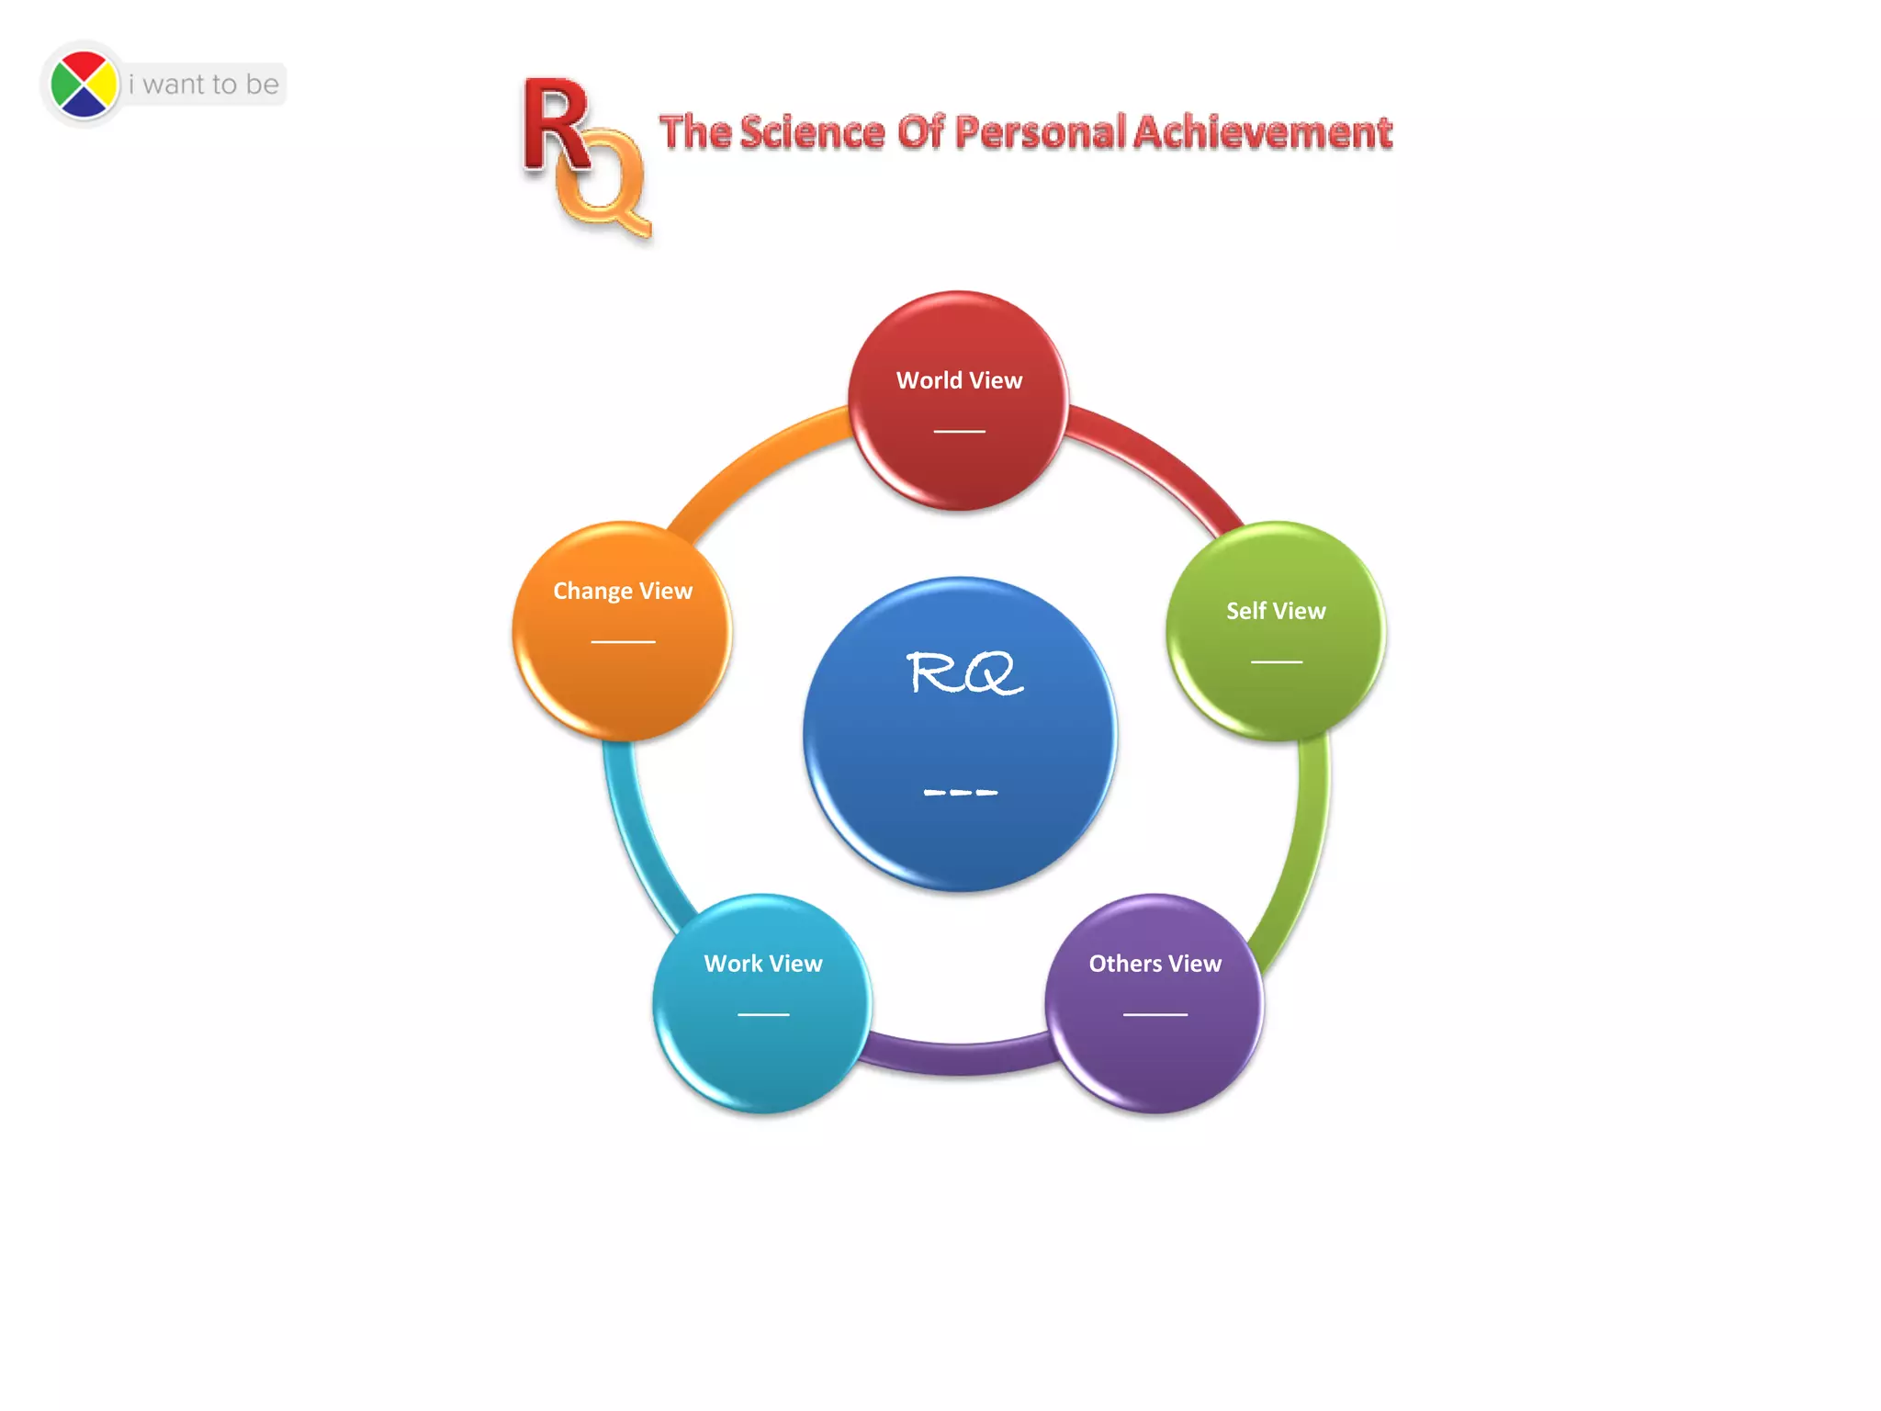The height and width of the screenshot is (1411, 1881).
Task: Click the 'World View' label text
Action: [x=959, y=380]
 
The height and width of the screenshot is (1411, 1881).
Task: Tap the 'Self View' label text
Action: [x=1276, y=611]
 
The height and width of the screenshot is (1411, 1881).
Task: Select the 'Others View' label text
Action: [x=1155, y=964]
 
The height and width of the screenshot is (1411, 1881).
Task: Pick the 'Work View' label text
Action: [x=763, y=964]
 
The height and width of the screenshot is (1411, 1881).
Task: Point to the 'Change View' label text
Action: [x=623, y=591]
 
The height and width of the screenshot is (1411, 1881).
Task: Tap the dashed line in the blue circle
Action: [x=960, y=792]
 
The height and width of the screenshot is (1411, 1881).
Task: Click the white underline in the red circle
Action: [x=959, y=431]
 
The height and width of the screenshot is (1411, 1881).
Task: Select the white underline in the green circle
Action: [x=1276, y=661]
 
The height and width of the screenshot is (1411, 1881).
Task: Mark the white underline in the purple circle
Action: [x=1155, y=1014]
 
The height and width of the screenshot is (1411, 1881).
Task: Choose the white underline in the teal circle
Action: [x=763, y=1014]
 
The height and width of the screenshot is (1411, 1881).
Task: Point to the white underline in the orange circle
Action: [x=623, y=641]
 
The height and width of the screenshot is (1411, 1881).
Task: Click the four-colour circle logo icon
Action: [x=84, y=85]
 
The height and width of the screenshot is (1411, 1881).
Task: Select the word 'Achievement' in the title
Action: [x=1263, y=132]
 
